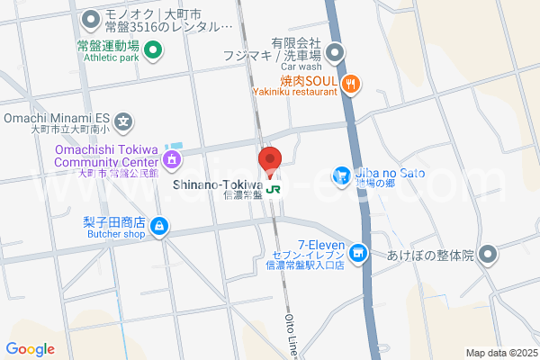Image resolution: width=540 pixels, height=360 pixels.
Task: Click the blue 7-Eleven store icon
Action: tap(358, 255)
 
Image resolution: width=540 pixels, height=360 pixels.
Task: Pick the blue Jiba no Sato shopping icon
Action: tap(342, 175)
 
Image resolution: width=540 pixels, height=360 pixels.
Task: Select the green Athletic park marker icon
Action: tap(152, 49)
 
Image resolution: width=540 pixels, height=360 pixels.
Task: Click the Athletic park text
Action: tap(111, 58)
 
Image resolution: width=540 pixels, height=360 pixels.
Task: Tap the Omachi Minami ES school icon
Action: tap(124, 121)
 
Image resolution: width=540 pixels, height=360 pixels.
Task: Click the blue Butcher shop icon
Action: tap(158, 226)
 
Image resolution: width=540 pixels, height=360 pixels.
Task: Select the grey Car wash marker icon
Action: tap(335, 52)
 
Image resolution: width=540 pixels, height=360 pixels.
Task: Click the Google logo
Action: tap(31, 349)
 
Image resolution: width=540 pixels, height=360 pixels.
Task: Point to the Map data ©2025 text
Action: tap(501, 353)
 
